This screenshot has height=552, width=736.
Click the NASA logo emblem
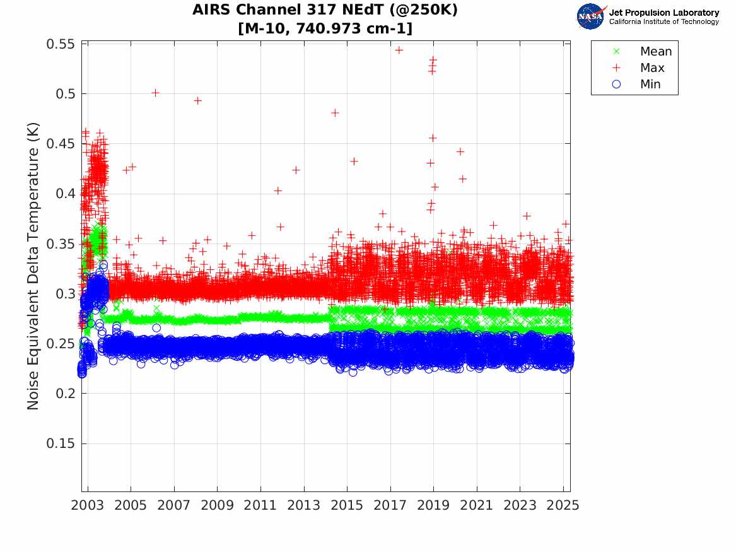[x=592, y=16]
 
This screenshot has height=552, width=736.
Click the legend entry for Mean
[x=655, y=52]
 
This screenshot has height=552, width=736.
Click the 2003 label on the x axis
[x=88, y=506]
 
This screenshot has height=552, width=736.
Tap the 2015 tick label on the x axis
[x=347, y=506]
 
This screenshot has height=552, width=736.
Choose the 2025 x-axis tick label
[x=563, y=506]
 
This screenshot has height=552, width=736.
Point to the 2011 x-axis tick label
[x=260, y=506]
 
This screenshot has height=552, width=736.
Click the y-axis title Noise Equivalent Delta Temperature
[x=34, y=267]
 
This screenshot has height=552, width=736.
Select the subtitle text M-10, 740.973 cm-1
[x=325, y=28]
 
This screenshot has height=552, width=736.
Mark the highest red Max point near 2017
[x=399, y=50]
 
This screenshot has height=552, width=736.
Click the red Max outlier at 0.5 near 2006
[x=155, y=93]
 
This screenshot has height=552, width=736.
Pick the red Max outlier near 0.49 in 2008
[x=197, y=100]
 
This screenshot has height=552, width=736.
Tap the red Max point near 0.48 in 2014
[x=335, y=113]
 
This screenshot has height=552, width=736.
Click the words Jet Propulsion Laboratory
[x=663, y=13]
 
